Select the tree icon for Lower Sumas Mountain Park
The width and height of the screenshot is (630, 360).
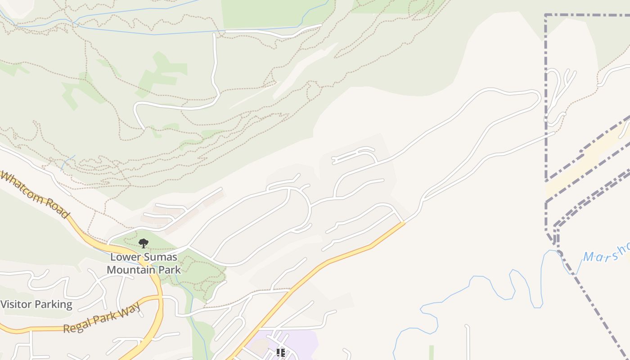point(144,243)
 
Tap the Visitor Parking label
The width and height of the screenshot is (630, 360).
point(36,305)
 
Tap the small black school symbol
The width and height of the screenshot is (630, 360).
point(281,353)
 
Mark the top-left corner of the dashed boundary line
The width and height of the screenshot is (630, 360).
point(546,15)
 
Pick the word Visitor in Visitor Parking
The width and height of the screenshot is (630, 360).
point(16,305)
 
